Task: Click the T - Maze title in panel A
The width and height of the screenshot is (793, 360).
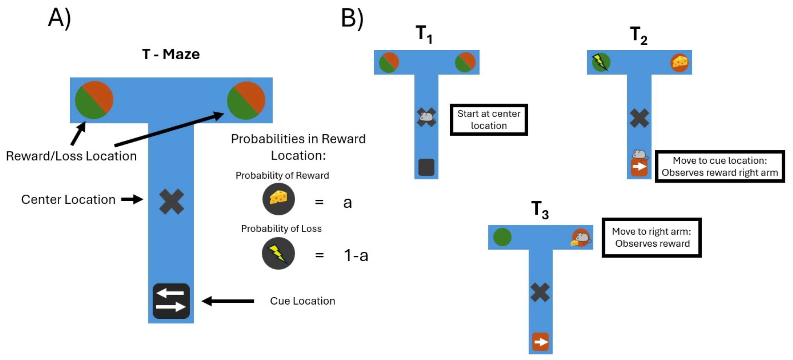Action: coord(171,55)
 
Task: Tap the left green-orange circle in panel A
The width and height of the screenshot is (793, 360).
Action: coord(94,100)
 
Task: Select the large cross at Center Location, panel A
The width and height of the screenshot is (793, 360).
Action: coord(172,202)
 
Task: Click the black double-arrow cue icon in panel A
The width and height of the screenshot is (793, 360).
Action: coord(171,301)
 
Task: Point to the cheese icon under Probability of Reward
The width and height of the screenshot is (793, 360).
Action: coord(278,199)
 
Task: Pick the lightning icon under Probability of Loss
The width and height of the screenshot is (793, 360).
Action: coord(278,253)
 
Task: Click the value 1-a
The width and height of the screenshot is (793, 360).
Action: coord(355,255)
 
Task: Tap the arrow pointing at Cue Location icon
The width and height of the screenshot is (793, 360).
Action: coord(228,301)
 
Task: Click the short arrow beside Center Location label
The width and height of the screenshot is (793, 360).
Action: coord(132,199)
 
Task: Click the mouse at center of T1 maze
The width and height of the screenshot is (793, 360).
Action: coord(426,117)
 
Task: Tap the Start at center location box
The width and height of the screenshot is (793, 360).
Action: coord(488,120)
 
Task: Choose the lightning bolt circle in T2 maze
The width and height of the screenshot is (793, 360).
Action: coord(601,62)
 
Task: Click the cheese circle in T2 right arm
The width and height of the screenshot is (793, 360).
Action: coord(679,62)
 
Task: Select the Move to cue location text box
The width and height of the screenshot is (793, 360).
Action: coord(719,166)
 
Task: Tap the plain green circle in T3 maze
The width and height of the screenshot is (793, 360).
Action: coord(502,237)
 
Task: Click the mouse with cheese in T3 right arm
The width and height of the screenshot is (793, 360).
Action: coord(581,238)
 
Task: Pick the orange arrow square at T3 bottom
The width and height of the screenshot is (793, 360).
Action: coord(540,341)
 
